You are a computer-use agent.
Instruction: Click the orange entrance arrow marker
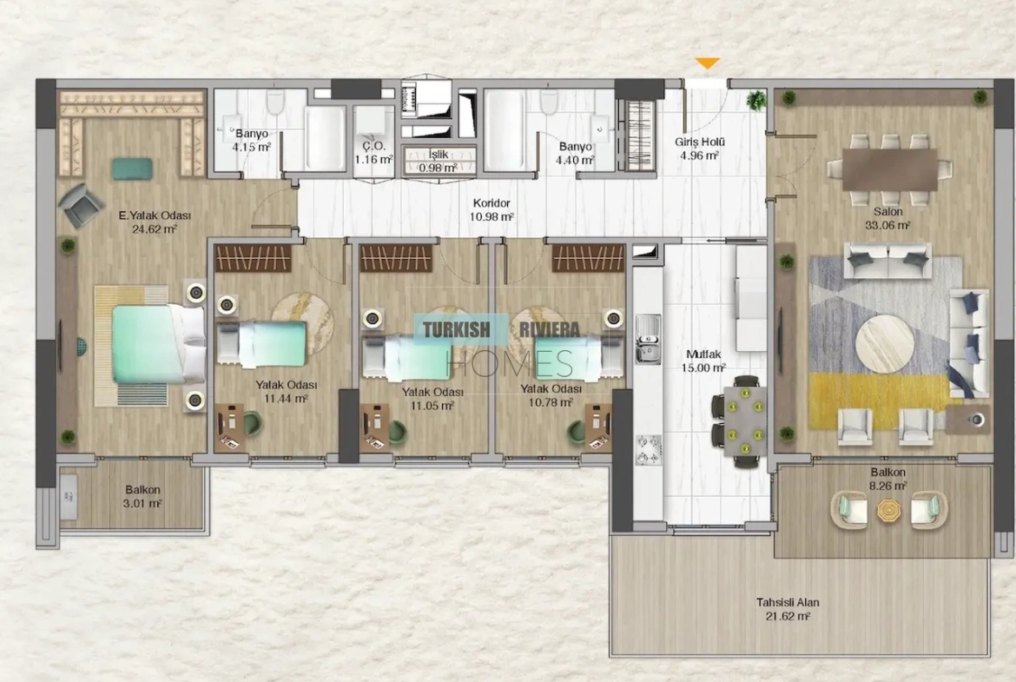click(708, 63)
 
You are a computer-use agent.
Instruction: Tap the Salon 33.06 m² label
click(887, 218)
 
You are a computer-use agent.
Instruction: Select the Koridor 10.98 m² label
click(492, 210)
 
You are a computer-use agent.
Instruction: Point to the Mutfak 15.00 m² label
click(703, 361)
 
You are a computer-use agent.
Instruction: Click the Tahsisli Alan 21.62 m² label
click(788, 609)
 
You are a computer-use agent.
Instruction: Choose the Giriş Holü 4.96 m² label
click(699, 149)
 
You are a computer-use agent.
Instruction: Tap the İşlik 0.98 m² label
click(438, 161)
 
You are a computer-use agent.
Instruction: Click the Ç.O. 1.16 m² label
click(374, 153)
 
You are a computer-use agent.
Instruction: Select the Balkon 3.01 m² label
click(142, 497)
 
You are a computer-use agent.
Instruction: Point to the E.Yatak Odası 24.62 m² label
click(155, 222)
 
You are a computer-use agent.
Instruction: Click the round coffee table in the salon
click(885, 343)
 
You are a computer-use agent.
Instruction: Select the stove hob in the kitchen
click(648, 449)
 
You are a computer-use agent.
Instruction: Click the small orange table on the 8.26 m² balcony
click(888, 510)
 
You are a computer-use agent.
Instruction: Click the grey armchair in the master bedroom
click(81, 205)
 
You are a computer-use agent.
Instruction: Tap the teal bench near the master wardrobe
click(133, 169)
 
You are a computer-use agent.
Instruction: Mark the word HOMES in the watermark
click(509, 363)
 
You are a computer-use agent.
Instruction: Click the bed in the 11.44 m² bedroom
click(261, 343)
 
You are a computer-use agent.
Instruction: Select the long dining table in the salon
click(889, 170)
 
